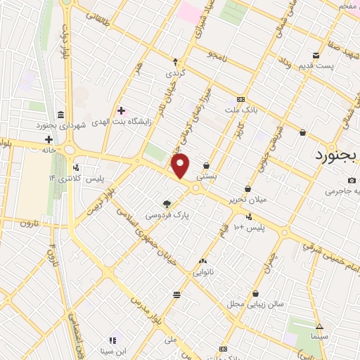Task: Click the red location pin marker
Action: [181, 165]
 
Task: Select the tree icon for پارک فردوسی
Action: [167, 202]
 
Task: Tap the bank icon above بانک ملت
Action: [241, 99]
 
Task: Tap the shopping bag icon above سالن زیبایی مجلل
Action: [255, 293]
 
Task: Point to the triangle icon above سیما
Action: [319, 326]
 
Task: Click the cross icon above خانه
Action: [48, 139]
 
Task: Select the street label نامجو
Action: [220, 55]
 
